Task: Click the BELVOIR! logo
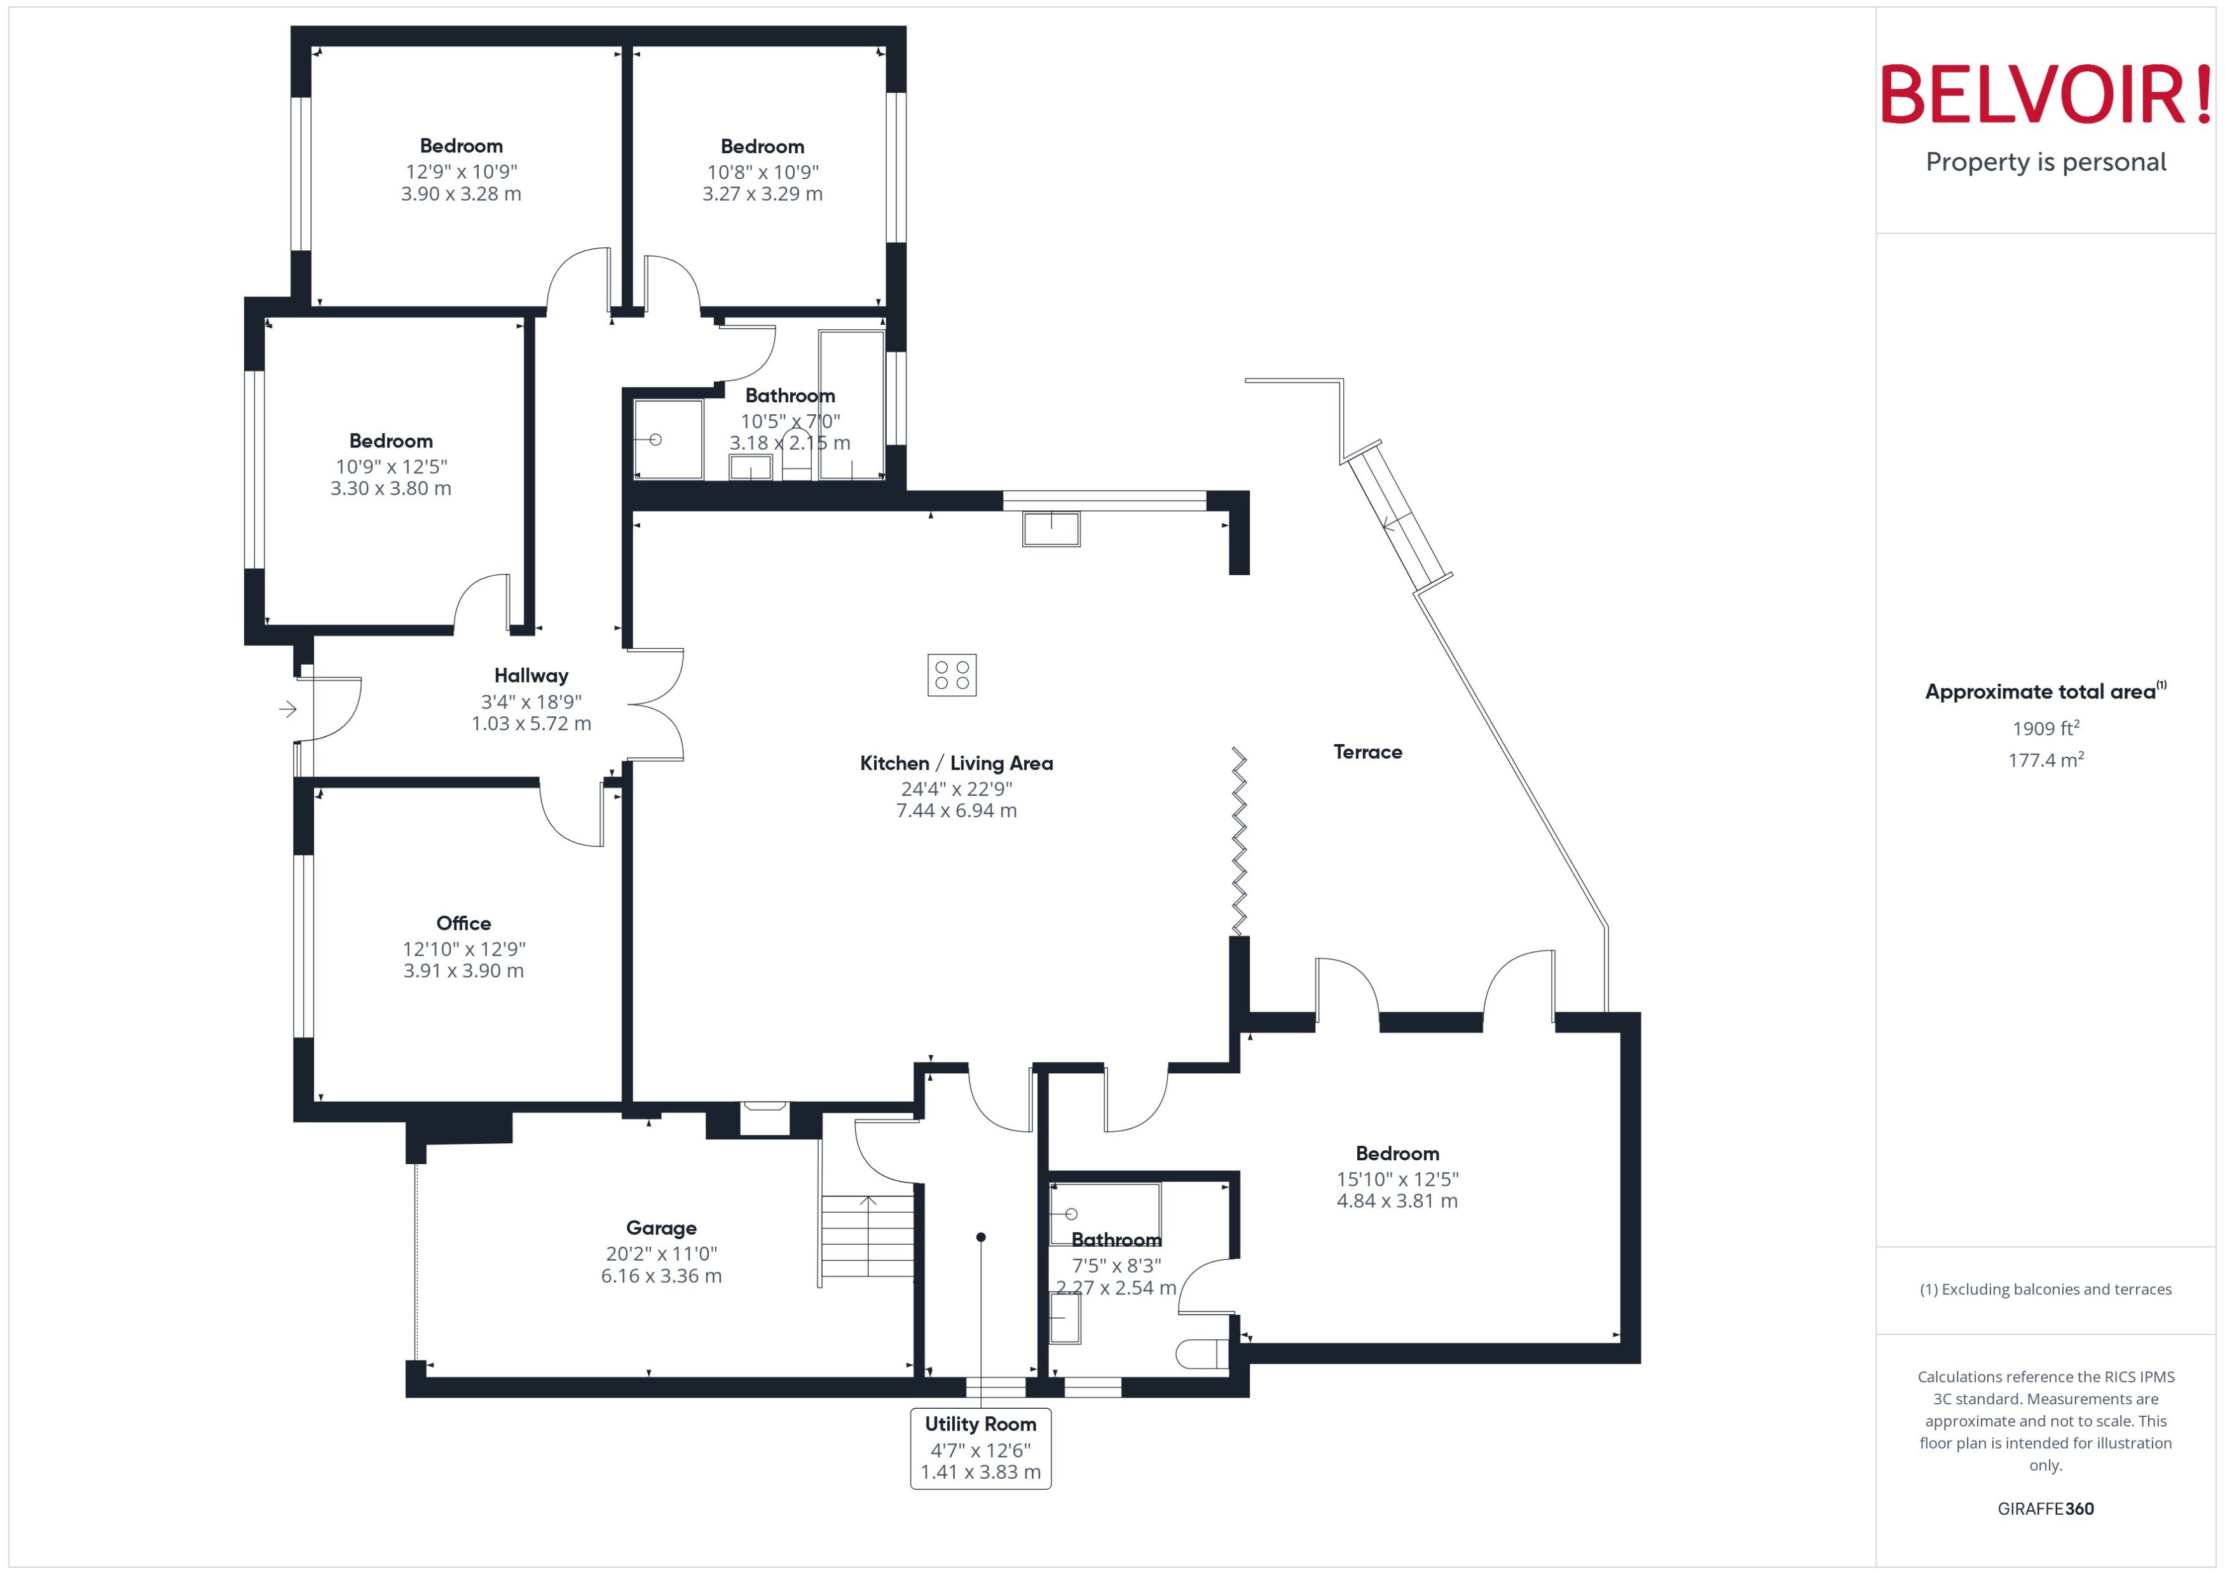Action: (x=2046, y=94)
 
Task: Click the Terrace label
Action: (x=1367, y=752)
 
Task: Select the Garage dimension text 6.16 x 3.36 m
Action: (x=661, y=1275)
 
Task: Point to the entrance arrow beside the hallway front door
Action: (x=288, y=709)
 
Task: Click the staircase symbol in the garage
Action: (x=868, y=1237)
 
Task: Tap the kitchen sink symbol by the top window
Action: (x=1051, y=529)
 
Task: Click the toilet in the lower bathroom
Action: (x=1202, y=1354)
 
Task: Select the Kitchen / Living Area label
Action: (x=956, y=764)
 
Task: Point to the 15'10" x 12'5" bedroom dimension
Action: (x=1397, y=1179)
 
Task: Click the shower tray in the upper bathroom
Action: (x=668, y=439)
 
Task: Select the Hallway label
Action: (x=531, y=675)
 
